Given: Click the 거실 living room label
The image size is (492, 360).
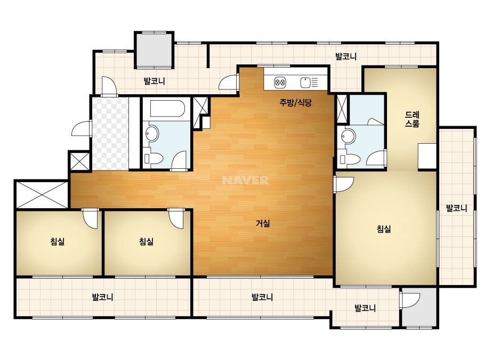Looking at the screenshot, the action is [x=263, y=224].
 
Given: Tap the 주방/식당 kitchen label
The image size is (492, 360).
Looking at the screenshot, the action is [x=296, y=102].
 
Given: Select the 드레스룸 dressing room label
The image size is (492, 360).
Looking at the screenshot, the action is [x=412, y=119].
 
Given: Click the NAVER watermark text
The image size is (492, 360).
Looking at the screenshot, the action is [x=245, y=180].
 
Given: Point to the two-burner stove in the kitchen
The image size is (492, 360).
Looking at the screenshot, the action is [x=280, y=83].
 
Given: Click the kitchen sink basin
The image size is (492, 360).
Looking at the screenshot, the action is [x=305, y=83].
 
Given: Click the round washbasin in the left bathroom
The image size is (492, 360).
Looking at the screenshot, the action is [x=152, y=134].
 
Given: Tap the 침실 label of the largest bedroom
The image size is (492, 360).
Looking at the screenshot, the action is [x=384, y=229].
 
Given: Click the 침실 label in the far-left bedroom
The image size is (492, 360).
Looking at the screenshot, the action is [x=58, y=241].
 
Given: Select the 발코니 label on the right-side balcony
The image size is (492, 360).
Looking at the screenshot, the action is [x=456, y=208].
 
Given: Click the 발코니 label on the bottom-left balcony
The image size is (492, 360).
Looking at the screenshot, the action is [x=102, y=297].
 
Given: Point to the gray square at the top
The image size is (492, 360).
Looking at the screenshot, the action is [x=154, y=50].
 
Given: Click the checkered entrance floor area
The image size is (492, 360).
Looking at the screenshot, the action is [x=110, y=133].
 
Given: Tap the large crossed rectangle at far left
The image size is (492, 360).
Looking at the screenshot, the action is [x=42, y=194].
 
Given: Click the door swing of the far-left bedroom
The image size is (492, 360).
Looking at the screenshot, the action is [x=91, y=219].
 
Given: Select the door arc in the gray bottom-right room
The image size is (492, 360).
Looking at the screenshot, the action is [x=411, y=301].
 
